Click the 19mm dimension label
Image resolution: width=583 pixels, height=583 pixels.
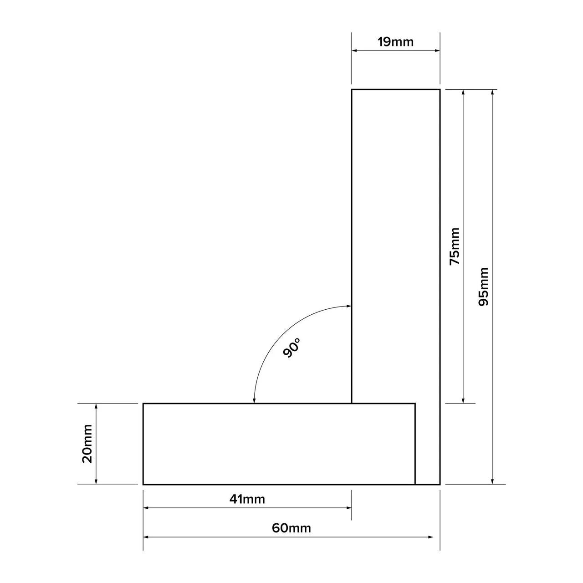(395, 42)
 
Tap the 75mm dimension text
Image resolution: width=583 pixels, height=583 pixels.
(455, 246)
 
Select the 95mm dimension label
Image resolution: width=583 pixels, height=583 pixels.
(483, 286)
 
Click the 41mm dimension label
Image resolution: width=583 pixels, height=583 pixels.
(247, 499)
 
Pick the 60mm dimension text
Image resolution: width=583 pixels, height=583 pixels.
(291, 528)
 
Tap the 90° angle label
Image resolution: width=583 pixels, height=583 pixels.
(292, 348)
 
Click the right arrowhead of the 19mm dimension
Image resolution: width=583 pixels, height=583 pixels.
(437, 51)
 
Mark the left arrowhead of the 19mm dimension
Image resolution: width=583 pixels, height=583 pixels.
(354, 51)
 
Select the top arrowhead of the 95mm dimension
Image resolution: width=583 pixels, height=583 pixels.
(492, 92)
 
